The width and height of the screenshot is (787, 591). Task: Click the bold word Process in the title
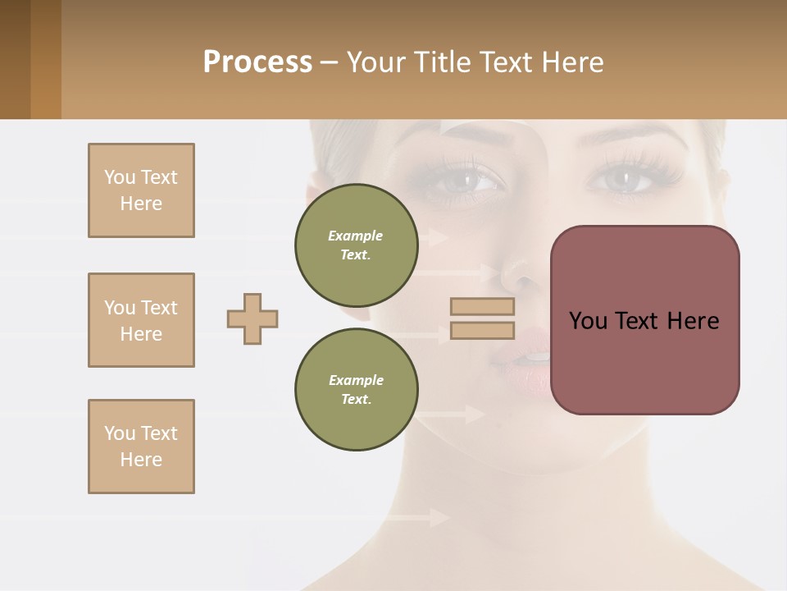pos(257,62)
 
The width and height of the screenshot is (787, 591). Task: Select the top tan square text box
pos(141,190)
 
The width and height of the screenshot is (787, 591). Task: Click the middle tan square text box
pos(141,320)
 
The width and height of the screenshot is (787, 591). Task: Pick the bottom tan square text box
pos(141,447)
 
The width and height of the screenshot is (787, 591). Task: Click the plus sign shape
pos(252,318)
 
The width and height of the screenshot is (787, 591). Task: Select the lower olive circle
pos(356,389)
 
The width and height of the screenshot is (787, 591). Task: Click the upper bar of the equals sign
pos(482,306)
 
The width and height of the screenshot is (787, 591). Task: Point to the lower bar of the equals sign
pos(482,330)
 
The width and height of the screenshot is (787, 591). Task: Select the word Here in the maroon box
pos(693,321)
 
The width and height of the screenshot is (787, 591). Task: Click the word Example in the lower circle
pos(356,380)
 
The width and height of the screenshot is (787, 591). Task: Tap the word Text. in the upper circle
pos(356,254)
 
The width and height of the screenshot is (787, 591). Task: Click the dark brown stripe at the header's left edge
pos(15,59)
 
